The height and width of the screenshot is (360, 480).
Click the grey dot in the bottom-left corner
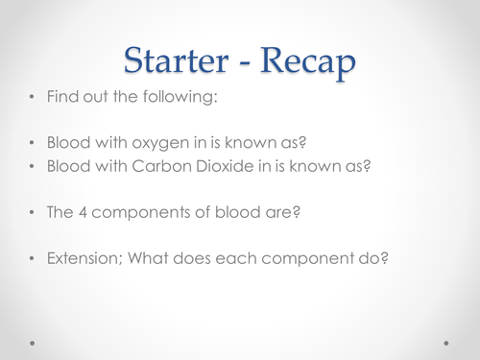pos(33,341)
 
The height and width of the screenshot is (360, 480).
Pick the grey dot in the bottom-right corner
pos(445,341)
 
